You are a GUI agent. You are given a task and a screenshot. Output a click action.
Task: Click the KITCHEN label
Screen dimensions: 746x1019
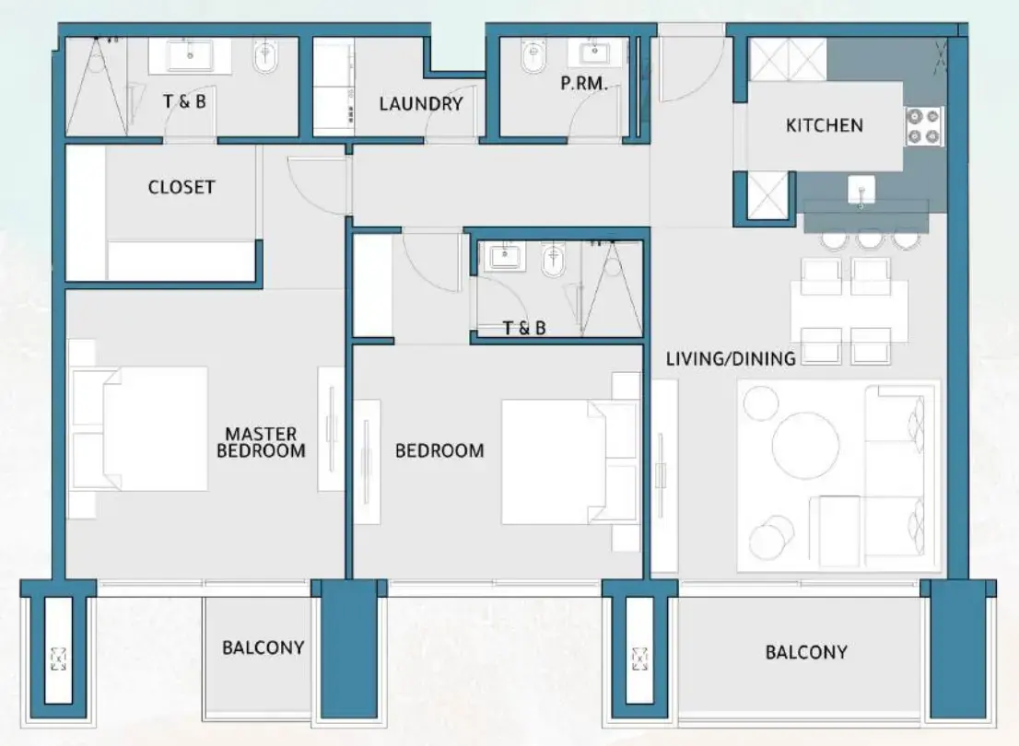click(x=824, y=125)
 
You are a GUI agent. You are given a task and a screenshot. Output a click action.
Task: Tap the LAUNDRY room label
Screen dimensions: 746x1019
click(x=420, y=103)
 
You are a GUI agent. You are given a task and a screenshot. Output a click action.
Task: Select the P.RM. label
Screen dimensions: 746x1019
click(x=584, y=84)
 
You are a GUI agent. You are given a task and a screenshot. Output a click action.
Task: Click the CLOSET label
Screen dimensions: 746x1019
click(x=182, y=187)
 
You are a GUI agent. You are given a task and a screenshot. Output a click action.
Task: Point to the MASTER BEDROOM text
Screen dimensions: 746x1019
click(x=261, y=442)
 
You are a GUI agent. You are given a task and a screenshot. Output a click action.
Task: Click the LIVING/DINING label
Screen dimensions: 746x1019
click(x=731, y=358)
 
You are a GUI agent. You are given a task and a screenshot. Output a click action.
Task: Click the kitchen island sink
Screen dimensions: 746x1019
click(x=861, y=190)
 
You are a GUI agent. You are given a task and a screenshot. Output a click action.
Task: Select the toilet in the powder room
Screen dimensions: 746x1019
click(x=532, y=60)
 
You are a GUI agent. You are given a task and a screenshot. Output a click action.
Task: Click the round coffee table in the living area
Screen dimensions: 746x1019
click(x=805, y=445)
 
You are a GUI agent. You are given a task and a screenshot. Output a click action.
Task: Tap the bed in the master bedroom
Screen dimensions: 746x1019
click(x=147, y=429)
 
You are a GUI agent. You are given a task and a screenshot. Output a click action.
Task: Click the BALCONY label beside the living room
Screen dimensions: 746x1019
click(x=805, y=652)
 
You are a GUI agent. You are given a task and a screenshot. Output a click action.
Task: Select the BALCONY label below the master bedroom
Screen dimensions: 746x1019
click(x=263, y=647)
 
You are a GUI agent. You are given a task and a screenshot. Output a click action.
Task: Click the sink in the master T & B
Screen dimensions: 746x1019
click(x=190, y=54)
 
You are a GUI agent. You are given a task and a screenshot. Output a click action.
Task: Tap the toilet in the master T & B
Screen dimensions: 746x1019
click(x=266, y=60)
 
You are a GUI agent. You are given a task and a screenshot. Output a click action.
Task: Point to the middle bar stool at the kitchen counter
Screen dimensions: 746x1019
click(x=869, y=238)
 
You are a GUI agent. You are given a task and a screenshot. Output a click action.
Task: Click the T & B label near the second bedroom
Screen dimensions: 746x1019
click(x=523, y=327)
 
